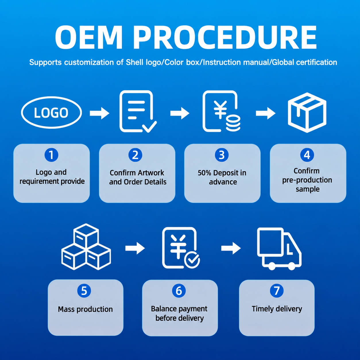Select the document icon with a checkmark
(138, 111)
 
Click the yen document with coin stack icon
(221, 111)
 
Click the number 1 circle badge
(51, 155)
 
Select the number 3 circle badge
(222, 155)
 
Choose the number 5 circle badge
(84, 291)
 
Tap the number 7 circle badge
(277, 291)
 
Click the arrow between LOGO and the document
(100, 113)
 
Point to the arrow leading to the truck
(231, 248)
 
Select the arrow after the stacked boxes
(135, 248)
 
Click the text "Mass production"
(85, 309)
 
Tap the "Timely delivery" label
(277, 309)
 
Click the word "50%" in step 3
(205, 173)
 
